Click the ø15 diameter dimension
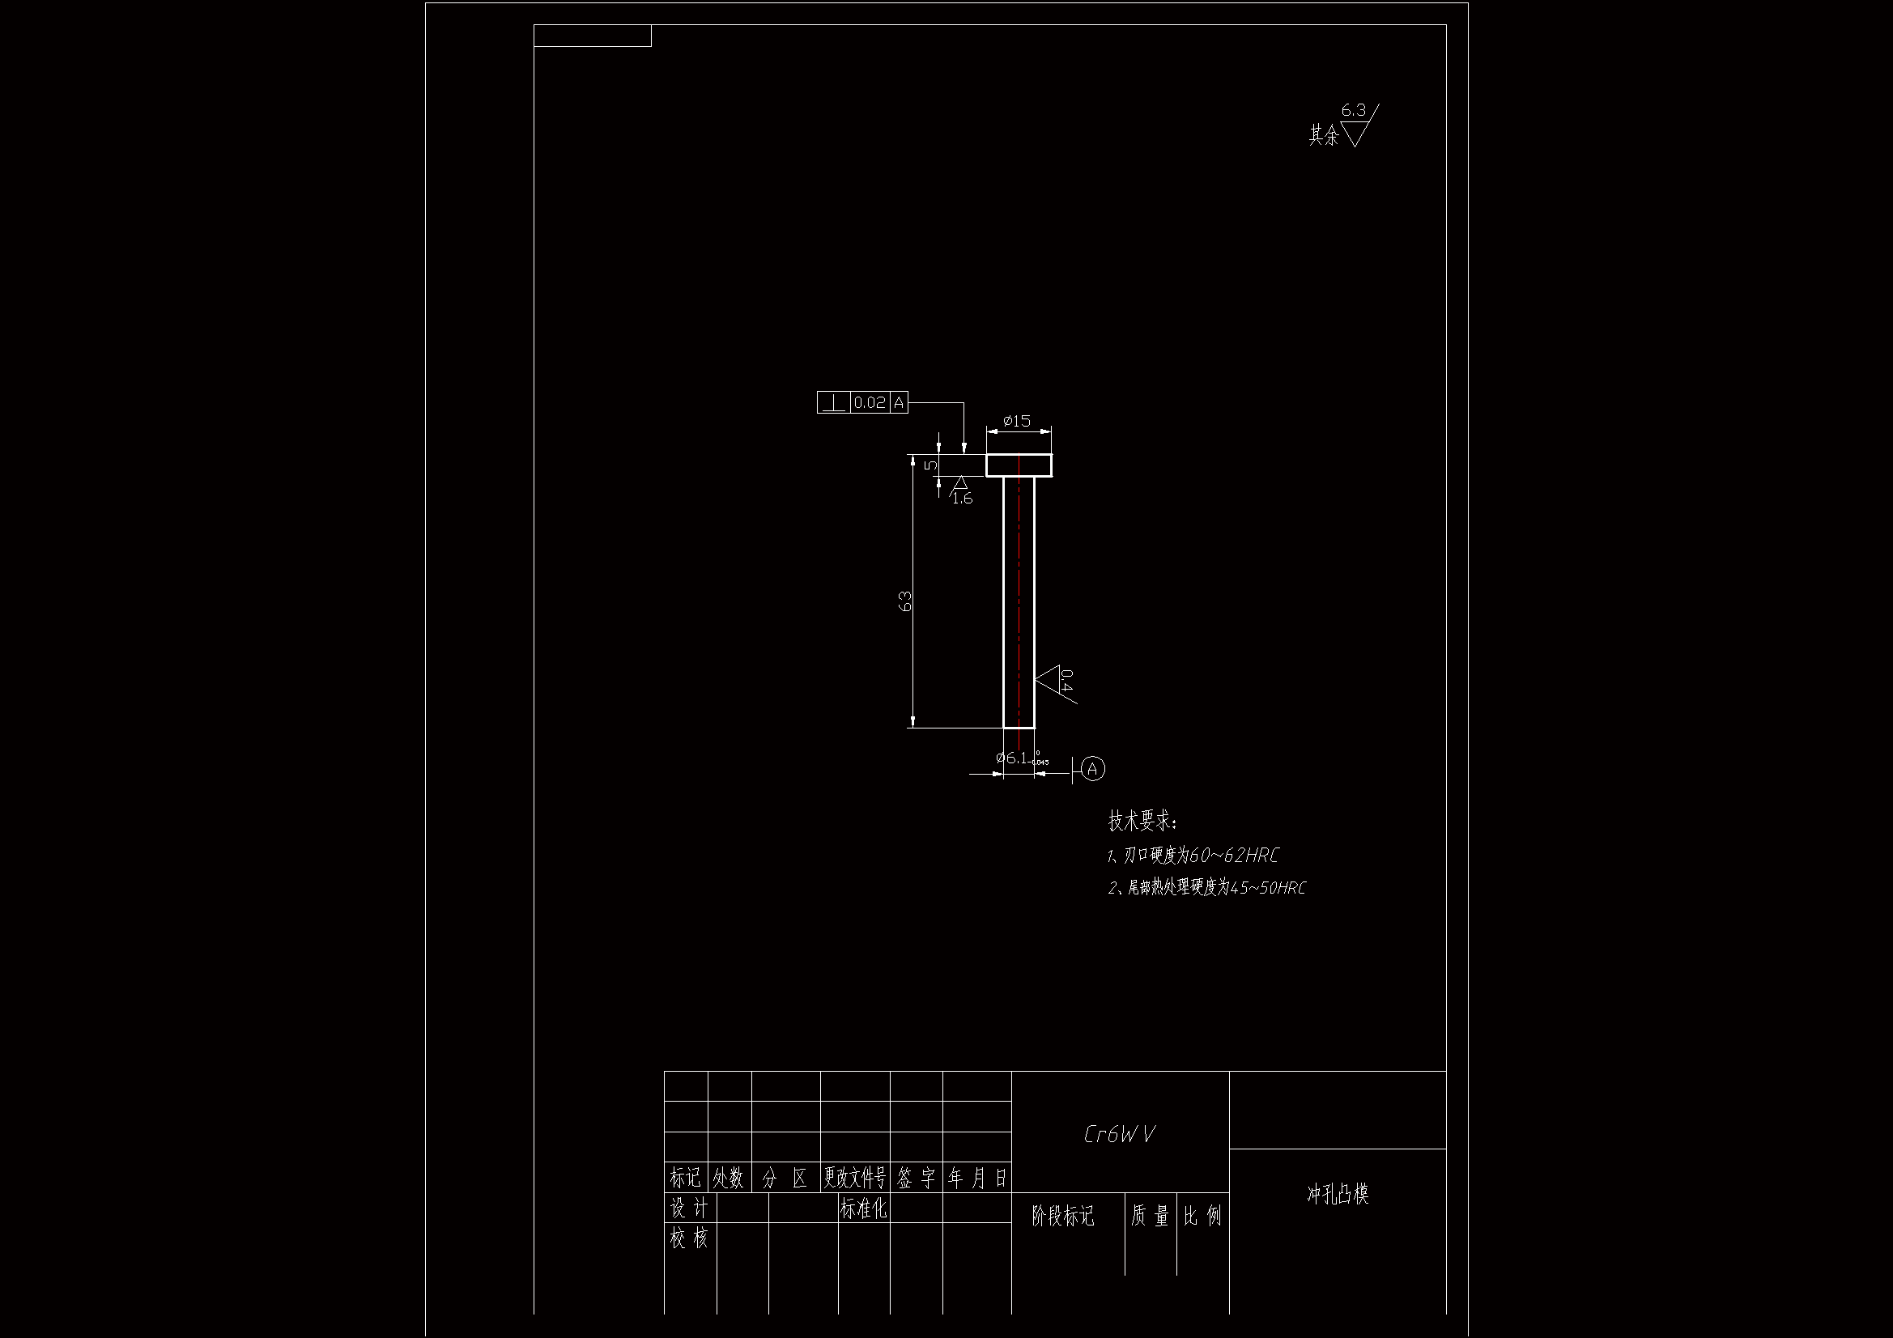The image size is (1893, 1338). (x=1017, y=421)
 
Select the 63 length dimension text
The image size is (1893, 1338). (x=905, y=601)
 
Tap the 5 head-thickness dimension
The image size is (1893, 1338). (x=931, y=465)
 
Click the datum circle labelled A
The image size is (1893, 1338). (x=1092, y=769)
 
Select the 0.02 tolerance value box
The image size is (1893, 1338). (x=869, y=403)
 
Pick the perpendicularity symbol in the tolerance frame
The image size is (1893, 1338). (x=833, y=403)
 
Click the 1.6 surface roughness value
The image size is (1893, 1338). (x=962, y=499)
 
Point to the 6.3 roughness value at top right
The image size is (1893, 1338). (x=1353, y=109)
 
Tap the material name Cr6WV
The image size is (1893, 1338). (x=1119, y=1134)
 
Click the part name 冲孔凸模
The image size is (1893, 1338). (x=1338, y=1194)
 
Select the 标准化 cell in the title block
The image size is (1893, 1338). (x=863, y=1208)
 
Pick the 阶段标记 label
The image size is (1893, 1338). (x=1063, y=1216)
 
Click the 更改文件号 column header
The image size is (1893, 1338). (x=855, y=1178)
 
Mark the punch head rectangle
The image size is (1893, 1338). (x=1019, y=465)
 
